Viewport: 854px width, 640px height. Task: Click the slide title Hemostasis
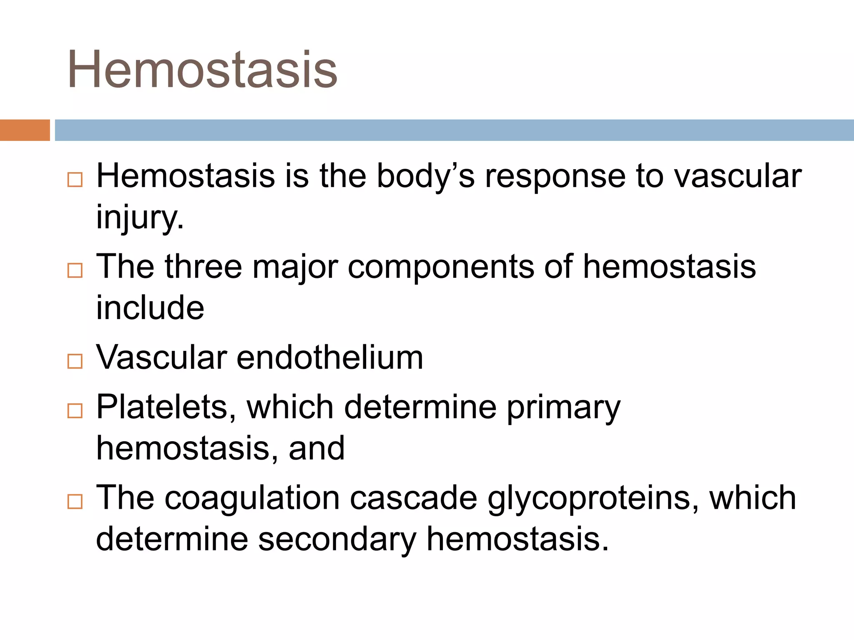click(202, 70)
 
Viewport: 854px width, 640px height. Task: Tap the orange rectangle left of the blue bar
click(25, 130)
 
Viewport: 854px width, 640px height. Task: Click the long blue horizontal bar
click(454, 130)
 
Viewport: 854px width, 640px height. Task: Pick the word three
click(203, 267)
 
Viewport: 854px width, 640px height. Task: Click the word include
click(150, 307)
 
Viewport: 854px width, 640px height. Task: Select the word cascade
click(413, 498)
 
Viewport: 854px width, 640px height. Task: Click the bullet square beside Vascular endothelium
click(75, 361)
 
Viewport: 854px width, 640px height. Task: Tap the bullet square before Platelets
click(75, 411)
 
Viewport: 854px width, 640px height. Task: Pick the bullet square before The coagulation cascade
click(75, 502)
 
